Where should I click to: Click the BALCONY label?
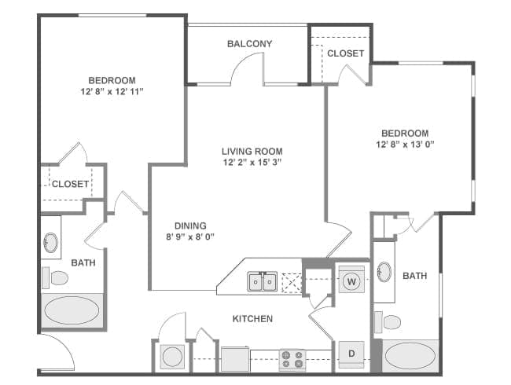tap(249, 44)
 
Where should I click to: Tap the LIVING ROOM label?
tap(252, 152)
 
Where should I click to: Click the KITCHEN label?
tap(252, 319)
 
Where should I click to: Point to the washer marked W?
tap(351, 281)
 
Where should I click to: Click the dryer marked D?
tap(351, 354)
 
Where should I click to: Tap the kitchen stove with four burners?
tap(292, 359)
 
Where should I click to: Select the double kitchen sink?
tap(262, 280)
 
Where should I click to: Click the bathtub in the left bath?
tap(72, 310)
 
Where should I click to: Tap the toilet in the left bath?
tap(57, 277)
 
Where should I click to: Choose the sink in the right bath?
tap(384, 273)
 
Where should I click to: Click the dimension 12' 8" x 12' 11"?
tap(111, 92)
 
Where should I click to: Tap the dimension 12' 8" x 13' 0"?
tap(405, 145)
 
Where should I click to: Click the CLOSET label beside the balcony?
tap(345, 53)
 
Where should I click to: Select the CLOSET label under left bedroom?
tap(70, 185)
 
